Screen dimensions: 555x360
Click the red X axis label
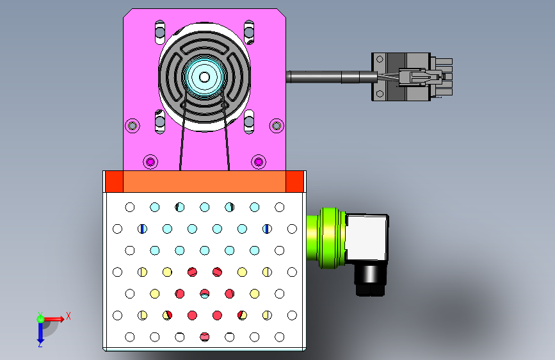point(68,316)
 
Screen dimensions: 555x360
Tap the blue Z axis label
point(40,344)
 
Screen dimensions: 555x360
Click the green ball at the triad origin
point(40,319)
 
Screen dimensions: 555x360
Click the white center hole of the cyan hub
point(204,77)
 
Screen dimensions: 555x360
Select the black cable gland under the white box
point(370,279)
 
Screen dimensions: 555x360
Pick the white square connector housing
point(367,238)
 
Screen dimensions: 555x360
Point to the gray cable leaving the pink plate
point(332,77)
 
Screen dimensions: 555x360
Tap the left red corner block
point(115,181)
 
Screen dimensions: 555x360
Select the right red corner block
point(295,181)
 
